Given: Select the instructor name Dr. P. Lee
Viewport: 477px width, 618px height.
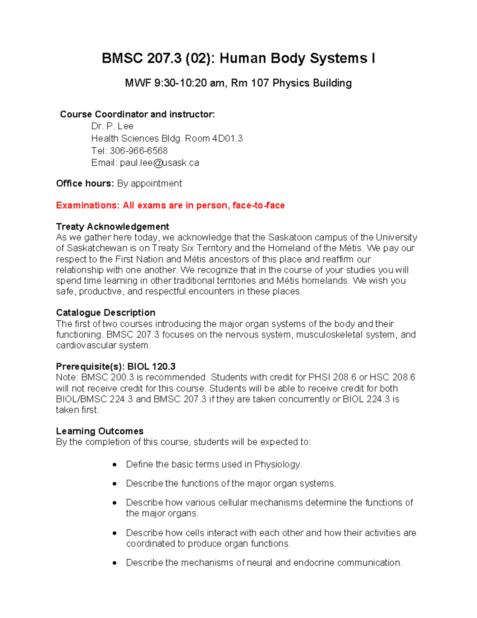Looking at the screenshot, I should pos(112,126).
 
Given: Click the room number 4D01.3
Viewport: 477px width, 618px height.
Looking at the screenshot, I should pos(227,138).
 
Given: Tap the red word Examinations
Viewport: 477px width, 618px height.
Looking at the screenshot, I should pos(87,205).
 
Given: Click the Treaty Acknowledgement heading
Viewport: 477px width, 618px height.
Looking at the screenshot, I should pos(112,226).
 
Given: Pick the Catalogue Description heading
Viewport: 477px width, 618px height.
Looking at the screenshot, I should pos(106,312).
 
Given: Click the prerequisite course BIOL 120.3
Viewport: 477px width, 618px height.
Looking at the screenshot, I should pos(151,367).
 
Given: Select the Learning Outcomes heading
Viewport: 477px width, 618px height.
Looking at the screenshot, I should pos(100,431).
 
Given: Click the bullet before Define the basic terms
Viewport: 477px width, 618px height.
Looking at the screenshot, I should pos(114,464).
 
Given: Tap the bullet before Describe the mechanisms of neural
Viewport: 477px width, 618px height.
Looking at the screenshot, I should pos(114,563).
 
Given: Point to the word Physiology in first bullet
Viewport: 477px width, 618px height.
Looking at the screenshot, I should pos(278,464).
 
